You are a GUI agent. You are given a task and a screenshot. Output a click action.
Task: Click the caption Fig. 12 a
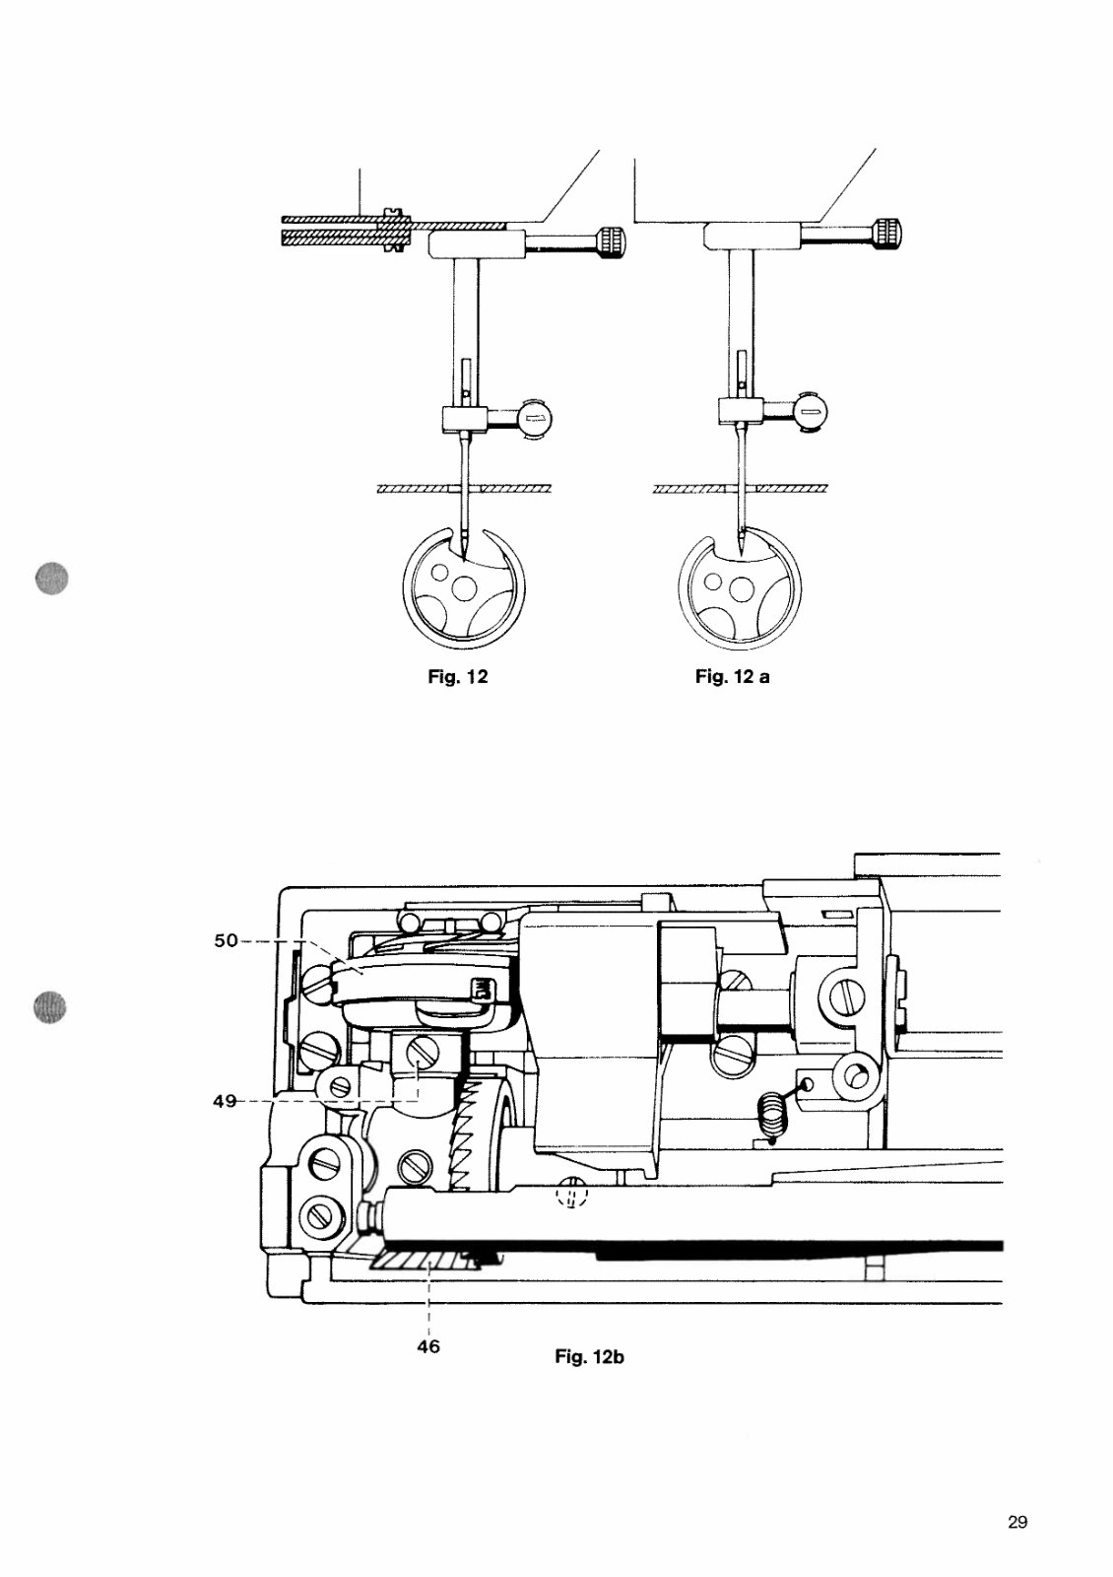point(732,677)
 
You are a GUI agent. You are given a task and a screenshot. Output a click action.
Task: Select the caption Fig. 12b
point(589,1357)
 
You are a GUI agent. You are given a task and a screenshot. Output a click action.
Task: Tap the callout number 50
point(226,940)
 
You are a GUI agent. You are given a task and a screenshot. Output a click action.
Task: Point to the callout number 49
point(225,1101)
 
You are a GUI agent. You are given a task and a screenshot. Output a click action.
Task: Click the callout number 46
point(428,1345)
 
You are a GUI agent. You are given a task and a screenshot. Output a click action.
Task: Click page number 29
point(1017,1522)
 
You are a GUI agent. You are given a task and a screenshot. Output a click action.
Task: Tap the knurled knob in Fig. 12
point(610,240)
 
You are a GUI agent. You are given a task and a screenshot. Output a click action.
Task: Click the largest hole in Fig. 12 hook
point(461,593)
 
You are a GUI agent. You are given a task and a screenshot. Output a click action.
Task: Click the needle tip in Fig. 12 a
point(739,548)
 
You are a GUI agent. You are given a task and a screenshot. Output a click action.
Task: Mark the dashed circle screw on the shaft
point(571,1196)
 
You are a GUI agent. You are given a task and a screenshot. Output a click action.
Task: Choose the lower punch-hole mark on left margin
point(48,1007)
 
